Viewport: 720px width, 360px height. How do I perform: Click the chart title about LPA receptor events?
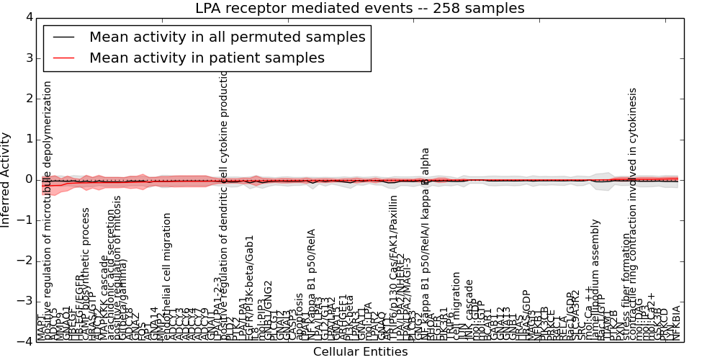click(x=359, y=9)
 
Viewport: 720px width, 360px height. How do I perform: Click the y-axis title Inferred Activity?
click(x=6, y=179)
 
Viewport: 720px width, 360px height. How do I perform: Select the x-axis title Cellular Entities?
click(x=360, y=352)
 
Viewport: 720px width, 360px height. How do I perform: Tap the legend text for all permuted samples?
click(x=227, y=37)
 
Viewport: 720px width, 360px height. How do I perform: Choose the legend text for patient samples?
click(x=207, y=58)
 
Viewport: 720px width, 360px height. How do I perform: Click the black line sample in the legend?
click(x=63, y=37)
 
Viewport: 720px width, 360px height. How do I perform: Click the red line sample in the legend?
click(x=63, y=58)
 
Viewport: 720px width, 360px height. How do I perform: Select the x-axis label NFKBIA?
click(x=675, y=323)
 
